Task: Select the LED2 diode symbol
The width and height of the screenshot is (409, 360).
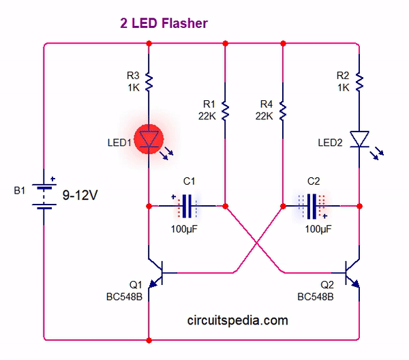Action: tap(359, 139)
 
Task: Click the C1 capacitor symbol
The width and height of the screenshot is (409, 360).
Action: tap(187, 205)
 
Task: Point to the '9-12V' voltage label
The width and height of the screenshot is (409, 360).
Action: tap(80, 196)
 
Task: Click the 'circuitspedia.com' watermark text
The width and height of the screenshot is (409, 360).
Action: tap(237, 320)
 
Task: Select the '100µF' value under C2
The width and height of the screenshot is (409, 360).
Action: tap(319, 229)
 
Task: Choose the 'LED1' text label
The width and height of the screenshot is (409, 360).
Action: tap(117, 142)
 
